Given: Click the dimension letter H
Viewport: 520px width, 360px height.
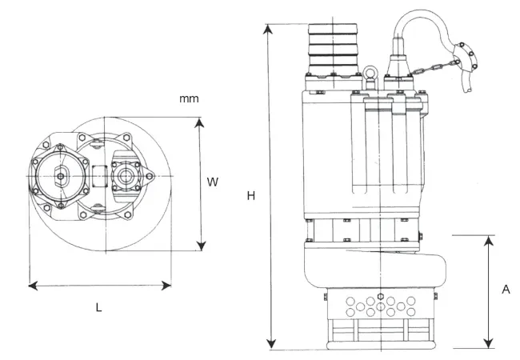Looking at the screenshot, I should (x=250, y=196).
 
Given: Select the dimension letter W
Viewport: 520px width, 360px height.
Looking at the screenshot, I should (x=213, y=182).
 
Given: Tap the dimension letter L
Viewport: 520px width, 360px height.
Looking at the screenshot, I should (x=98, y=307).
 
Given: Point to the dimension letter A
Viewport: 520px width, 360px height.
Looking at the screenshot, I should (x=506, y=290).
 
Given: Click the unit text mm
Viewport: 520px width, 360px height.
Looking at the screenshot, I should (x=189, y=98).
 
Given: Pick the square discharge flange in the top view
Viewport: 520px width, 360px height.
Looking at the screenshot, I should (x=61, y=175).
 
